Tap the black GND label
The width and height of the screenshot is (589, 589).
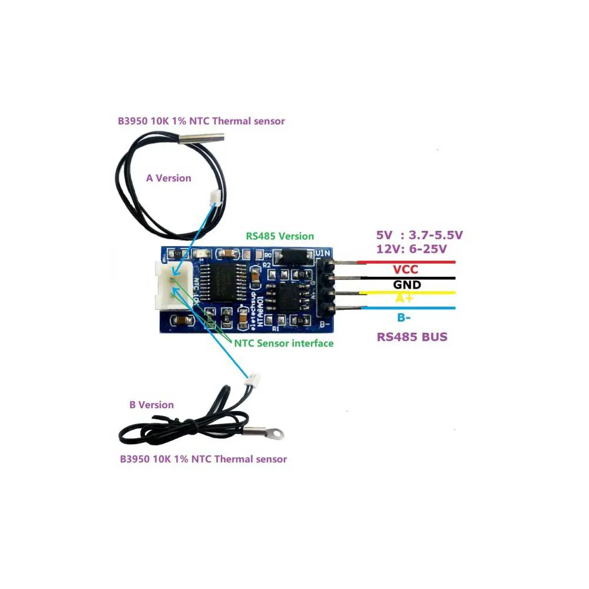click(407, 284)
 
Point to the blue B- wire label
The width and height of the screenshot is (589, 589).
click(404, 318)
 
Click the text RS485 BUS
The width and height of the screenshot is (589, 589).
click(412, 337)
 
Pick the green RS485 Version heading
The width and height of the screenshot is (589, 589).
click(280, 236)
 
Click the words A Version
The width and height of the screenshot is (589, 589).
click(168, 178)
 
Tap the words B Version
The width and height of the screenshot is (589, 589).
click(151, 405)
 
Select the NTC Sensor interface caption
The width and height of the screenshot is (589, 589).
click(284, 343)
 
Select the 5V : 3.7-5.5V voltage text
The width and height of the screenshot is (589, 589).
click(419, 235)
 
